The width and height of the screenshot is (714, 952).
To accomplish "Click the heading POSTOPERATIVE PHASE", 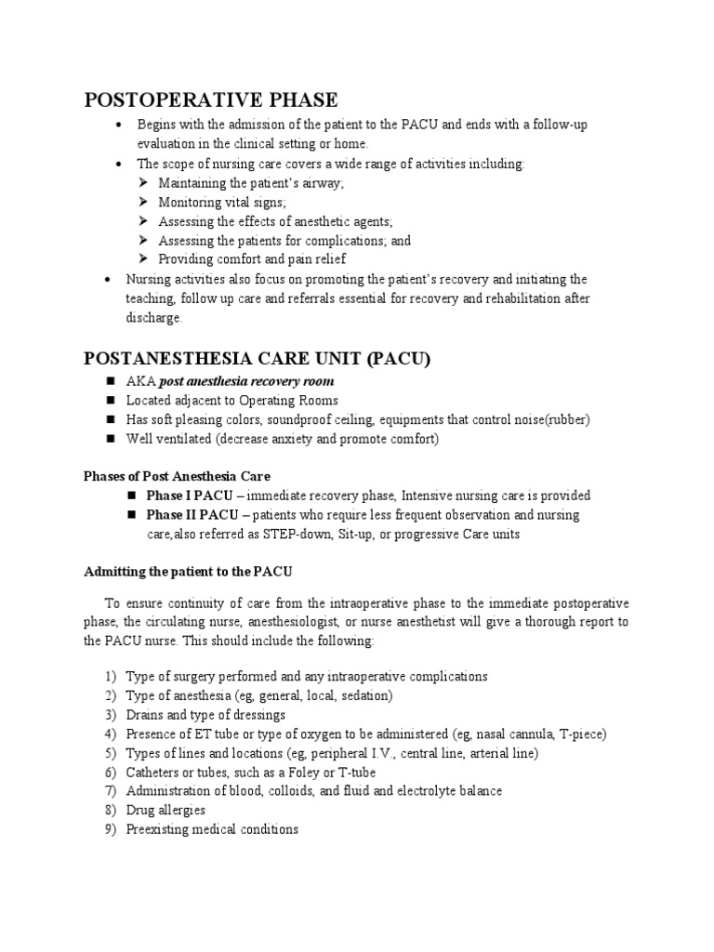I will coord(211,100).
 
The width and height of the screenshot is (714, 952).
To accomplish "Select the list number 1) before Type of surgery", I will coord(110,676).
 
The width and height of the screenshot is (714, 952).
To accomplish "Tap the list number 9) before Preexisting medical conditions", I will coord(110,829).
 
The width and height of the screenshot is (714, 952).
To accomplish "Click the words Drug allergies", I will coord(165,810).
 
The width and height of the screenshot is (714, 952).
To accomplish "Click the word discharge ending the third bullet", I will coord(155,318).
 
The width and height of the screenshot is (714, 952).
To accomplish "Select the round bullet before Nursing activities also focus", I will coord(110,279).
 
